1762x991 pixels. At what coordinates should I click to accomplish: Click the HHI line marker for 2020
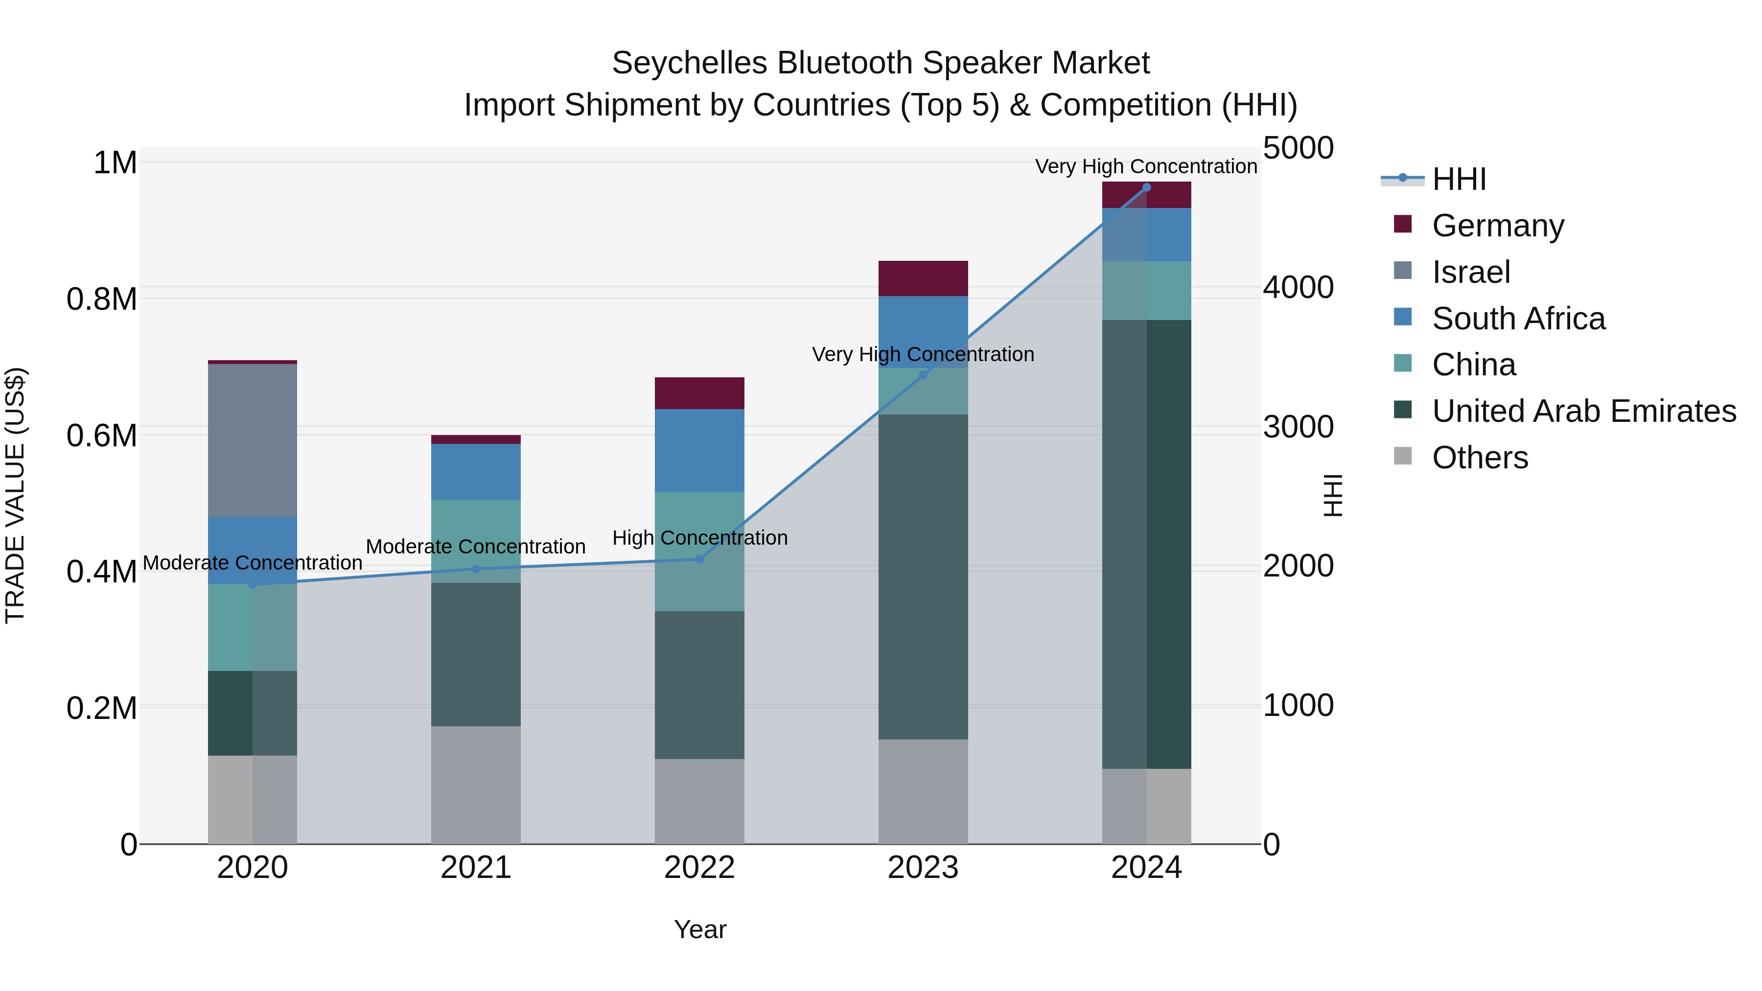pyautogui.click(x=253, y=584)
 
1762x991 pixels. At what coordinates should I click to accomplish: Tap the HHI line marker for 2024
pyautogui.click(x=1146, y=187)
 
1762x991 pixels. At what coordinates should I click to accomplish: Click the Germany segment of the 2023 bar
pyautogui.click(x=923, y=278)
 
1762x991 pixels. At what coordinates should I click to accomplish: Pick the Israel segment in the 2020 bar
pyautogui.click(x=253, y=440)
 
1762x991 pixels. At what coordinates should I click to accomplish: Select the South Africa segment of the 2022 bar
pyautogui.click(x=699, y=451)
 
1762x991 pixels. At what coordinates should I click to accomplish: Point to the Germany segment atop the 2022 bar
pyautogui.click(x=699, y=393)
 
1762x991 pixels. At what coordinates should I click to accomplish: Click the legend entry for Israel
pyautogui.click(x=1471, y=272)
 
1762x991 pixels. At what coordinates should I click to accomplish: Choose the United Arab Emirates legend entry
pyautogui.click(x=1583, y=412)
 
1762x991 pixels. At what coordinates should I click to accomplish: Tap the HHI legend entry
pyautogui.click(x=1459, y=179)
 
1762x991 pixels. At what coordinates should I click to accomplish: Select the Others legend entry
pyautogui.click(x=1480, y=458)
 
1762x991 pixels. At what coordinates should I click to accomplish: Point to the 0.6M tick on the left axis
pyautogui.click(x=102, y=436)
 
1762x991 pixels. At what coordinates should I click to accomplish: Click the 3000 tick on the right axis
pyautogui.click(x=1298, y=427)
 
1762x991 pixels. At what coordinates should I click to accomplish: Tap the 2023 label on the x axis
pyautogui.click(x=923, y=868)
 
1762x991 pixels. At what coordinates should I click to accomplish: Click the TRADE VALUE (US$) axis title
pyautogui.click(x=15, y=495)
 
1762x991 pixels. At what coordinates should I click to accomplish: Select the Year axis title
pyautogui.click(x=700, y=929)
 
